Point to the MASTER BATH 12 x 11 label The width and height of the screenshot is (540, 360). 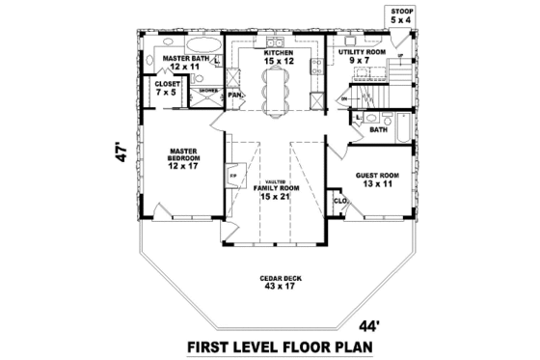pos(186,63)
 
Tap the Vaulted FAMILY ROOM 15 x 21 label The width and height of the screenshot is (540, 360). pos(276,191)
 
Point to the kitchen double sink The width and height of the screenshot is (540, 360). pos(271,42)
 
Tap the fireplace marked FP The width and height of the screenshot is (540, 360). pos(232,177)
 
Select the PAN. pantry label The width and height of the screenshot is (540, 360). pos(234,96)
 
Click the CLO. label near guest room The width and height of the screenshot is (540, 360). pos(339,201)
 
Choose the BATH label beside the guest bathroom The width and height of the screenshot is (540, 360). pos(379,128)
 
